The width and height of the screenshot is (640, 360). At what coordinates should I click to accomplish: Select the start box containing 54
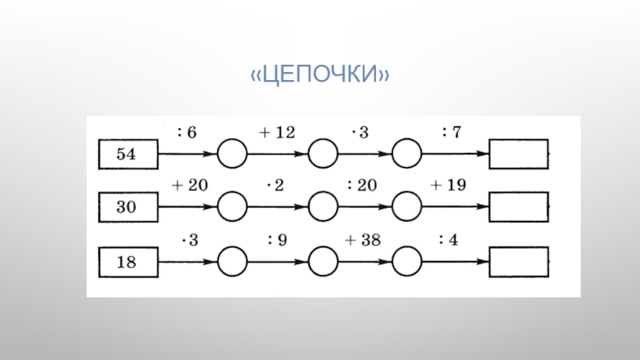click(x=127, y=154)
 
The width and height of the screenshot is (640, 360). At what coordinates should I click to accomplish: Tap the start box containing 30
click(x=127, y=207)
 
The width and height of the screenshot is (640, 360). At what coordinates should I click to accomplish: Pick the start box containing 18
click(x=127, y=261)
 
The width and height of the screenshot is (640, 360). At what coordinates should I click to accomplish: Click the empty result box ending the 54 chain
click(x=518, y=154)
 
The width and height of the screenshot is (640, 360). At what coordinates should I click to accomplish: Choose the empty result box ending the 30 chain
click(x=518, y=207)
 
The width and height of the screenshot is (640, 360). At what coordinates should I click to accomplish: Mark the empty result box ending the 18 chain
click(x=518, y=261)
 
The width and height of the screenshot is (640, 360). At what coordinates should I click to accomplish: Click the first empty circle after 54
click(x=233, y=154)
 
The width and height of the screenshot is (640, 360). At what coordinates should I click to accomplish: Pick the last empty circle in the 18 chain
click(x=407, y=261)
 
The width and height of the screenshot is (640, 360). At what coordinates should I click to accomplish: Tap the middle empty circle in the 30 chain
click(x=322, y=207)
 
